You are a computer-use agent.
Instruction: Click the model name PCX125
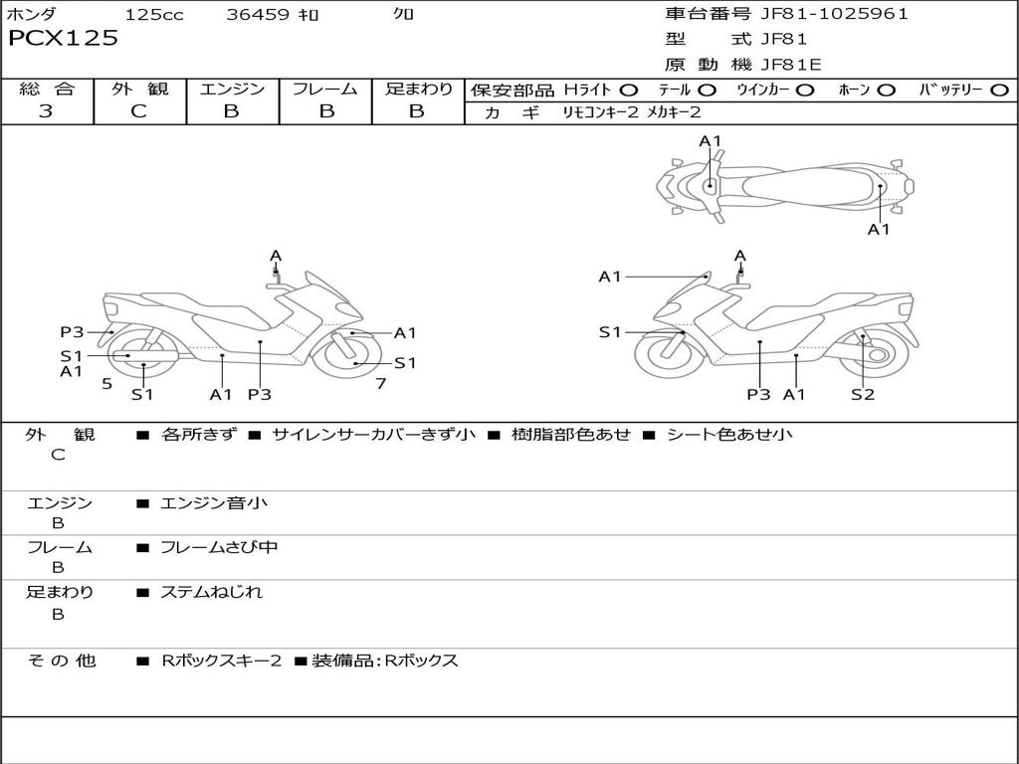click(63, 39)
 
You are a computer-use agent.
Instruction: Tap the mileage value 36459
click(260, 15)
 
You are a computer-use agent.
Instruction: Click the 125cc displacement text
click(154, 15)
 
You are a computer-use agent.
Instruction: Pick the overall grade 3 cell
click(46, 111)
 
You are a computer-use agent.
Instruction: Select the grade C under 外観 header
click(139, 111)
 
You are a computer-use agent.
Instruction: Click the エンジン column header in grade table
click(232, 89)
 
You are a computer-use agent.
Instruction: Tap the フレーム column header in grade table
click(325, 89)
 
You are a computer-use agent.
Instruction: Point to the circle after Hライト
click(629, 90)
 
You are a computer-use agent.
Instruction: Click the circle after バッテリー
click(999, 90)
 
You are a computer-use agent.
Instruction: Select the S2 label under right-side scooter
click(862, 395)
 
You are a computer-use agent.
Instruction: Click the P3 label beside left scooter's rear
click(72, 332)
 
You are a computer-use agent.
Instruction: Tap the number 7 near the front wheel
click(380, 383)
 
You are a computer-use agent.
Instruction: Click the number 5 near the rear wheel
click(106, 383)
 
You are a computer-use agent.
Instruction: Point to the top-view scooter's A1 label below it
click(879, 230)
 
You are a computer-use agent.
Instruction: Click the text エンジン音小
click(214, 503)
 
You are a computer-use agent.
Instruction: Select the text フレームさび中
click(219, 547)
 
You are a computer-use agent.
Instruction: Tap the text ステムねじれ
click(212, 592)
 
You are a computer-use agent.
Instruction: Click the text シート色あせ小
click(729, 435)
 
